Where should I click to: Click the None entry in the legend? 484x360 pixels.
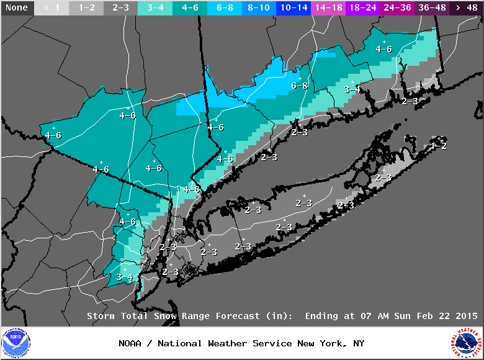pyautogui.click(x=17, y=7)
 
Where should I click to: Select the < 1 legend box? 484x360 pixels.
pyautogui.click(x=52, y=7)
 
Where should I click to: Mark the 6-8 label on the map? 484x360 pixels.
pyautogui.click(x=299, y=86)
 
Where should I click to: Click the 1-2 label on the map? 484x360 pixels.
pyautogui.click(x=439, y=145)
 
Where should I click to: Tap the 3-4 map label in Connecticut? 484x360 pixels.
pyautogui.click(x=352, y=89)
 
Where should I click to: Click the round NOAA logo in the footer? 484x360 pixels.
pyautogui.click(x=16, y=343)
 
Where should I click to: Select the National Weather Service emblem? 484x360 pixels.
pyautogui.click(x=467, y=343)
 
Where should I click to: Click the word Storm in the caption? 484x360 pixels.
pyautogui.click(x=101, y=316)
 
